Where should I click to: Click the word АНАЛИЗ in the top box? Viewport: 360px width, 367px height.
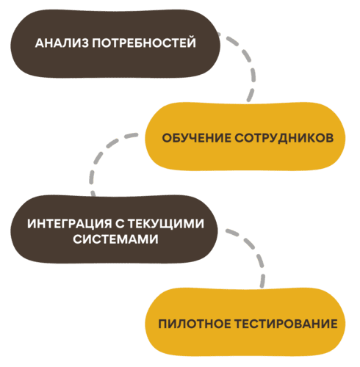tap(59, 43)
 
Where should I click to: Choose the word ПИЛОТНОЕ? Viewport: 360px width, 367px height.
tap(192, 324)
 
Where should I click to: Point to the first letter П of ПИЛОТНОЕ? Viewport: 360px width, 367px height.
tap(162, 324)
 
